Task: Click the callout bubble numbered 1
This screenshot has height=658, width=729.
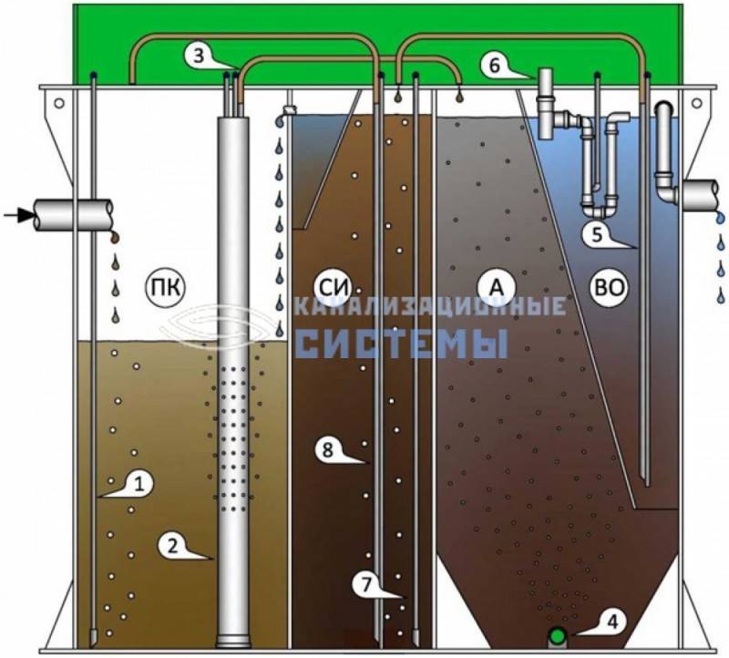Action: click(x=138, y=485)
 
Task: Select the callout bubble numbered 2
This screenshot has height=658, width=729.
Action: click(x=174, y=546)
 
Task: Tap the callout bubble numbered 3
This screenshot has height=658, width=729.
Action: click(x=200, y=57)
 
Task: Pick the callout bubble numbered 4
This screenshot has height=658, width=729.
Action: click(x=611, y=622)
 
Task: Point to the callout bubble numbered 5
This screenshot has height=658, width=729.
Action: click(x=599, y=234)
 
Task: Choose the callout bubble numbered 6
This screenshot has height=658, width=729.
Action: click(x=497, y=65)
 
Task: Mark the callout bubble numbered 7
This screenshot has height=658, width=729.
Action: click(x=369, y=584)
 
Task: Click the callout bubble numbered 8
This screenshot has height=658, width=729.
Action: click(x=330, y=450)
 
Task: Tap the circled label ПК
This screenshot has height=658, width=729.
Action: click(x=165, y=288)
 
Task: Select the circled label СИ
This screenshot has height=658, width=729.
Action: click(x=332, y=288)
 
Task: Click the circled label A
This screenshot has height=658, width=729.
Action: click(x=497, y=287)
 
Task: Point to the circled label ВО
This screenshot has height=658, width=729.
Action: click(x=609, y=287)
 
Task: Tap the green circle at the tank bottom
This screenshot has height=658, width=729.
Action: click(x=557, y=634)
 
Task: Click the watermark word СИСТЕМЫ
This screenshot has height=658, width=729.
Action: click(x=402, y=344)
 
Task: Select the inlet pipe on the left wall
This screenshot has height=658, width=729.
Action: click(x=74, y=215)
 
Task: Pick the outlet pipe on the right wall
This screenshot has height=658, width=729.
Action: click(x=701, y=195)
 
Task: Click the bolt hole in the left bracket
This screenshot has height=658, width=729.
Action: click(x=59, y=103)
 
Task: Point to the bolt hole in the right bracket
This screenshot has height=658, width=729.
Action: click(x=696, y=103)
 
